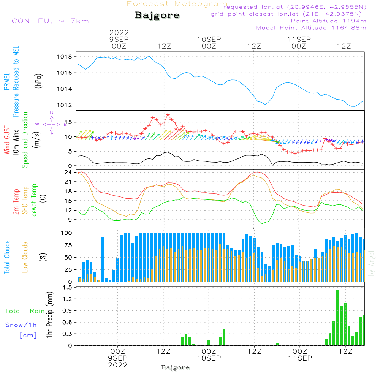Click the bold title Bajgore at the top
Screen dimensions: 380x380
[x=157, y=16]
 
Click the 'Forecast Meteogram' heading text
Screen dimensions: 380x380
[x=177, y=4]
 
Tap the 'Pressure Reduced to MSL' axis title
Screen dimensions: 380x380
[x=16, y=81]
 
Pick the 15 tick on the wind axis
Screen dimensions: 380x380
[x=69, y=122]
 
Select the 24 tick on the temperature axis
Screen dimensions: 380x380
[x=69, y=173]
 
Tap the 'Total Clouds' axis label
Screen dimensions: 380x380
[x=7, y=257]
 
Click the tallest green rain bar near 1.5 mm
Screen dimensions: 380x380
[x=337, y=317]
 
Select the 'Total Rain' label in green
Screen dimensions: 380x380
[x=25, y=311]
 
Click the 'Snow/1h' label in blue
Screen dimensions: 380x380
[x=21, y=325]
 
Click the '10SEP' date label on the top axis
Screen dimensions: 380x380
[x=209, y=39]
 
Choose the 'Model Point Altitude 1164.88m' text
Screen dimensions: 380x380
[x=311, y=28]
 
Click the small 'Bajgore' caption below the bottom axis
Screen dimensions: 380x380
[x=175, y=367]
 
